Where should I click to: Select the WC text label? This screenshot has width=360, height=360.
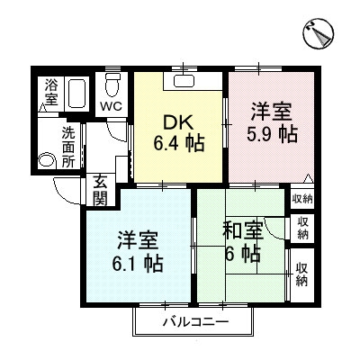pos(112,106)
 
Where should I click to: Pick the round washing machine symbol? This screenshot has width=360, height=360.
pos(47,162)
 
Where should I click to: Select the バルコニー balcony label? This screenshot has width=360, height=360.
pos(195,321)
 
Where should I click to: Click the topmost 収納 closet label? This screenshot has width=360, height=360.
pos(301,198)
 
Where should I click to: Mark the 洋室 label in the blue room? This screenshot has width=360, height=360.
pos(139,241)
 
